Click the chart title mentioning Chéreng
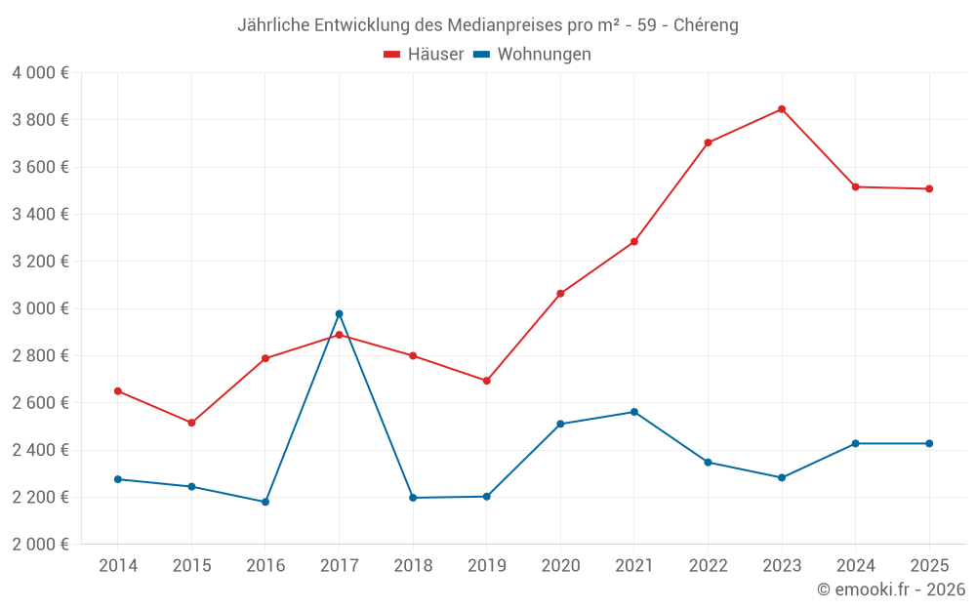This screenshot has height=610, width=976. click(x=487, y=25)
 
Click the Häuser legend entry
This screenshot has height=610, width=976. click(x=424, y=55)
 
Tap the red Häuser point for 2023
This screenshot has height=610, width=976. click(x=782, y=109)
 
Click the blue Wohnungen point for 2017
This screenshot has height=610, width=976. click(x=339, y=314)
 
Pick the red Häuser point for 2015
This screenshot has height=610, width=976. click(x=191, y=423)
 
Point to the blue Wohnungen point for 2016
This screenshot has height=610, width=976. click(x=265, y=502)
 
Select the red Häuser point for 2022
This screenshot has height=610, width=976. click(x=708, y=142)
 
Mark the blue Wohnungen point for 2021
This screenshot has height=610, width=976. click(x=634, y=412)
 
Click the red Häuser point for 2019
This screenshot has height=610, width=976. click(x=487, y=381)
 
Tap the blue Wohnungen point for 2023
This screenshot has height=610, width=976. click(x=782, y=477)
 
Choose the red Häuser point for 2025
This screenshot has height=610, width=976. click(x=929, y=188)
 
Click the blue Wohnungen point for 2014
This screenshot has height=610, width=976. click(x=118, y=479)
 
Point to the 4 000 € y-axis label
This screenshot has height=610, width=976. click(x=40, y=73)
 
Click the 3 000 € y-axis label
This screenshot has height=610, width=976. click(x=40, y=308)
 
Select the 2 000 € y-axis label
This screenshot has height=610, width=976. click(x=40, y=545)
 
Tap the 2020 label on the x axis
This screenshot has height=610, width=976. click(x=560, y=566)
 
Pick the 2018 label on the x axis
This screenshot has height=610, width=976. click(x=413, y=566)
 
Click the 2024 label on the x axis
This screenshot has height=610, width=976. click(x=855, y=566)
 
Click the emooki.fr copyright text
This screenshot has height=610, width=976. click(x=890, y=590)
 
